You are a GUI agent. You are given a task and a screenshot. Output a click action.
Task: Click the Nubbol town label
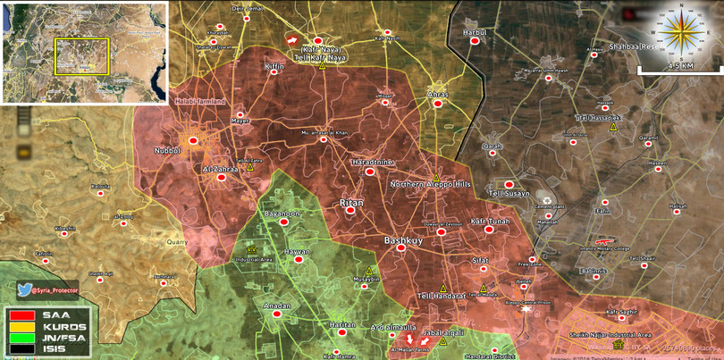[x=168, y=151]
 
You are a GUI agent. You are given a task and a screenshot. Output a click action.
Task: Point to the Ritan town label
[x=352, y=205]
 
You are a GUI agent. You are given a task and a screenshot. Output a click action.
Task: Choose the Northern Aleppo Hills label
[x=430, y=184]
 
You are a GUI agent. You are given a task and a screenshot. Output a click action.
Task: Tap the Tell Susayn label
[x=509, y=193]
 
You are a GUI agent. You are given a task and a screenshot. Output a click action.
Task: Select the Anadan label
[x=277, y=306]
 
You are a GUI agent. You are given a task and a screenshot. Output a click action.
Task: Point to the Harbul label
[x=474, y=32]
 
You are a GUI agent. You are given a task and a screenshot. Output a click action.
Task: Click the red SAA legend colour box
[x=21, y=314]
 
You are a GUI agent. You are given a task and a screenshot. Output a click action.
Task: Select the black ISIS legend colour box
[x=21, y=349]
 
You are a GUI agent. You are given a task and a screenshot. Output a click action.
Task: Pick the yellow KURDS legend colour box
[x=21, y=326]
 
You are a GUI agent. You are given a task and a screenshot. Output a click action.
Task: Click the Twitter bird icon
[x=25, y=289]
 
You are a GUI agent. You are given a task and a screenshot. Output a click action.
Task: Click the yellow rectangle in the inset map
[x=81, y=55]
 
